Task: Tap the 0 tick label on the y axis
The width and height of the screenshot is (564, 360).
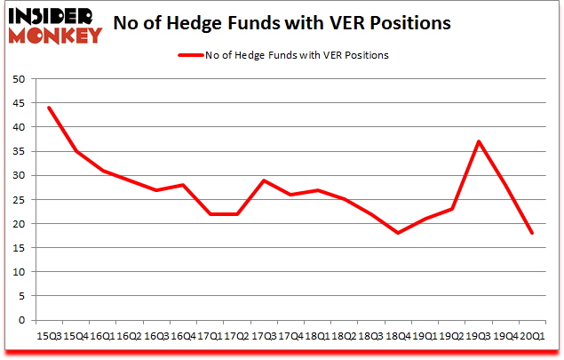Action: (x=20, y=320)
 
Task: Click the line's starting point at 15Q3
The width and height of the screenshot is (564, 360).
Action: (x=49, y=108)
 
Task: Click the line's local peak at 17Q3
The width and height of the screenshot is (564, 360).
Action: (x=265, y=180)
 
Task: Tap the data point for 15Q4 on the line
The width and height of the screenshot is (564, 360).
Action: (x=75, y=151)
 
